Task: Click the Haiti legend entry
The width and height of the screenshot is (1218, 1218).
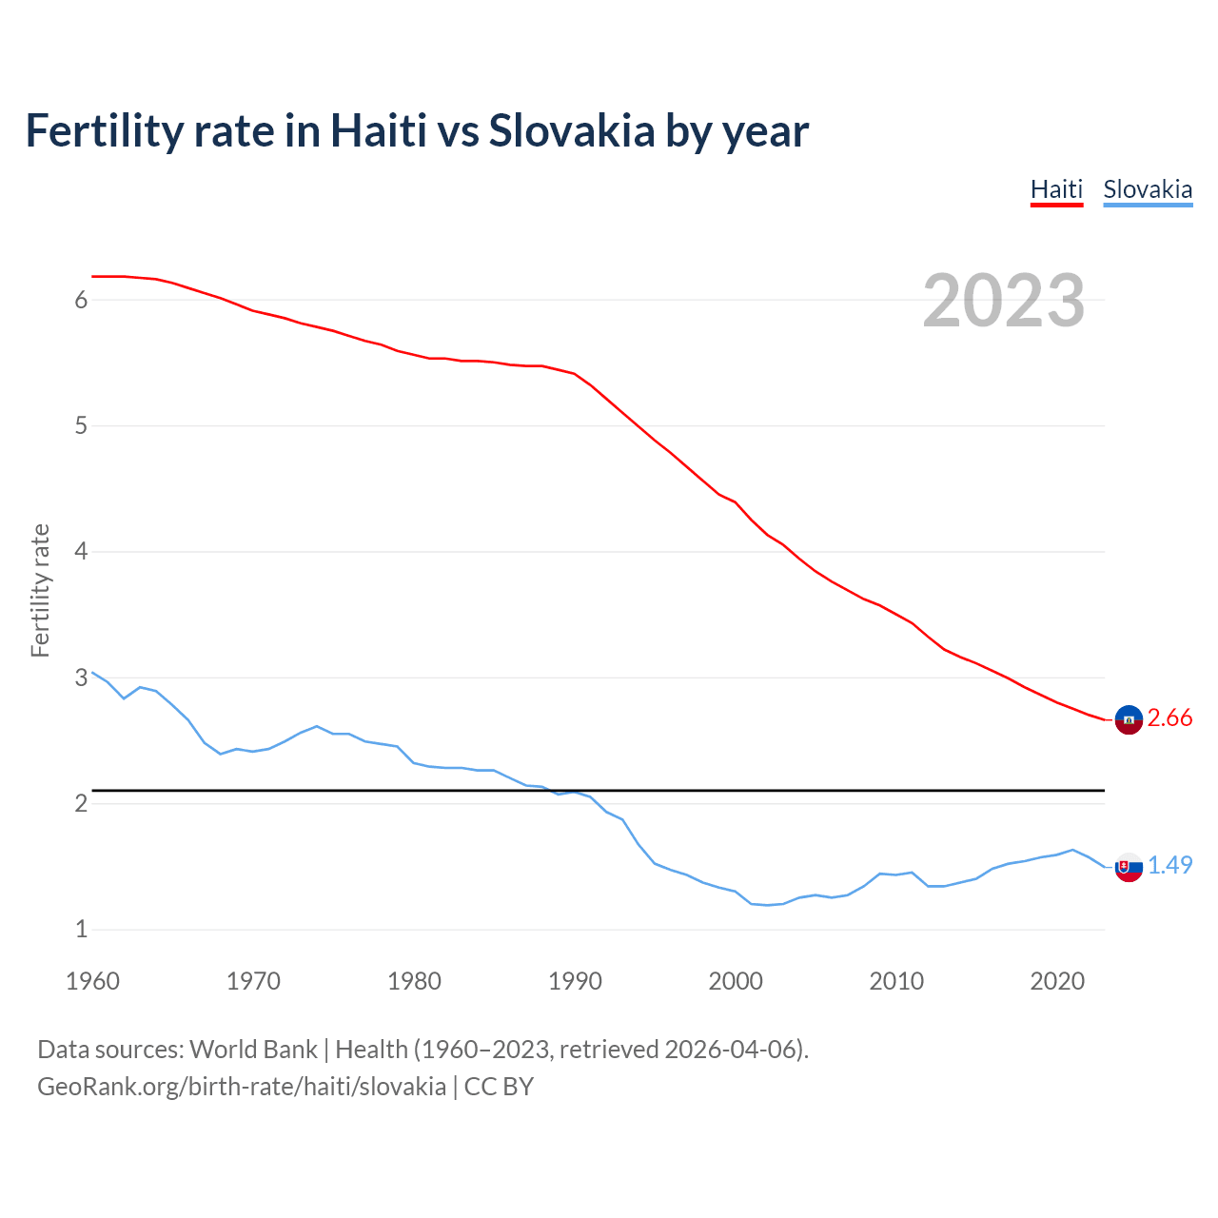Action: [1056, 189]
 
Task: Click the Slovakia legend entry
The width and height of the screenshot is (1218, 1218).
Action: [1147, 189]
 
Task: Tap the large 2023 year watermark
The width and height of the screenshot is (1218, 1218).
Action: [1003, 301]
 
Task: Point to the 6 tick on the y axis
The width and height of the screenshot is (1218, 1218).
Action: [81, 301]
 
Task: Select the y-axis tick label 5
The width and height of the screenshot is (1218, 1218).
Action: [81, 426]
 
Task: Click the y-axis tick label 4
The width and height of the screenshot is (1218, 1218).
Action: [81, 552]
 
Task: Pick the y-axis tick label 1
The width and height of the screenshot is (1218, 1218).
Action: [81, 930]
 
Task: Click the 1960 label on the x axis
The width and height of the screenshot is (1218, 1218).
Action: [92, 981]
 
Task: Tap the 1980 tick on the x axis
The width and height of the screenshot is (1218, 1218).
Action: [414, 981]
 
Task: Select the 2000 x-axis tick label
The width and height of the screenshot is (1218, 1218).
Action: [736, 981]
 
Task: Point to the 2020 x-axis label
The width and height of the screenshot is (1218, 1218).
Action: [1057, 981]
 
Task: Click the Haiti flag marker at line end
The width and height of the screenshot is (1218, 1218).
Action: [1129, 720]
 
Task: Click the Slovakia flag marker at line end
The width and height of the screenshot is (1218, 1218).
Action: [1129, 867]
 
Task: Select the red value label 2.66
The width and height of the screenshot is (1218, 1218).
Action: [1169, 718]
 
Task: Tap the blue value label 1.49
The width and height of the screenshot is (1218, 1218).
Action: [1169, 865]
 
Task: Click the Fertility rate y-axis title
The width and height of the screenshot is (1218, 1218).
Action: [40, 590]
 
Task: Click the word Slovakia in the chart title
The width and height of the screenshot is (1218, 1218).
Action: [572, 131]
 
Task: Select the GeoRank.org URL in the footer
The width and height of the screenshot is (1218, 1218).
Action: [242, 1087]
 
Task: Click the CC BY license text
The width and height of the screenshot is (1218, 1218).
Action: [499, 1087]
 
